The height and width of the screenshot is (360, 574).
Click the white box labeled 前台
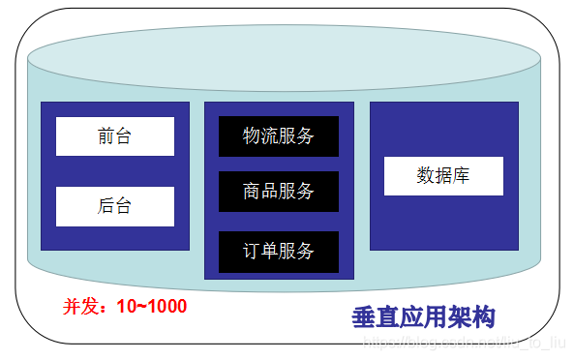(114, 136)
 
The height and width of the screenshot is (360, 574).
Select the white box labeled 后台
(114, 206)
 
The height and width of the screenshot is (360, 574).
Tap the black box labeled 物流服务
(279, 136)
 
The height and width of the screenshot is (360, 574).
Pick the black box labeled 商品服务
(279, 192)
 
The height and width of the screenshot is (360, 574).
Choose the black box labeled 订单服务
(279, 252)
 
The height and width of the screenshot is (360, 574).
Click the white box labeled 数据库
(443, 175)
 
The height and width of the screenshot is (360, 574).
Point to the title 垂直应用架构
(423, 317)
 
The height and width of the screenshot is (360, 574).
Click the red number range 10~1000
(152, 307)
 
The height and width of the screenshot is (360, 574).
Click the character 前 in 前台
(106, 136)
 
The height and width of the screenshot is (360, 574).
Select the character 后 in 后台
(106, 206)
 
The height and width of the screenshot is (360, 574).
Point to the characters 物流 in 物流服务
(260, 136)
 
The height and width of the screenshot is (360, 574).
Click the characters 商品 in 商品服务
(260, 192)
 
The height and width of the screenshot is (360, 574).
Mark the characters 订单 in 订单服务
(260, 252)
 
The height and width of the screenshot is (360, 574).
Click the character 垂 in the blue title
(364, 317)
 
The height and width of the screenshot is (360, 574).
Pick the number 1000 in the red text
(166, 307)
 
